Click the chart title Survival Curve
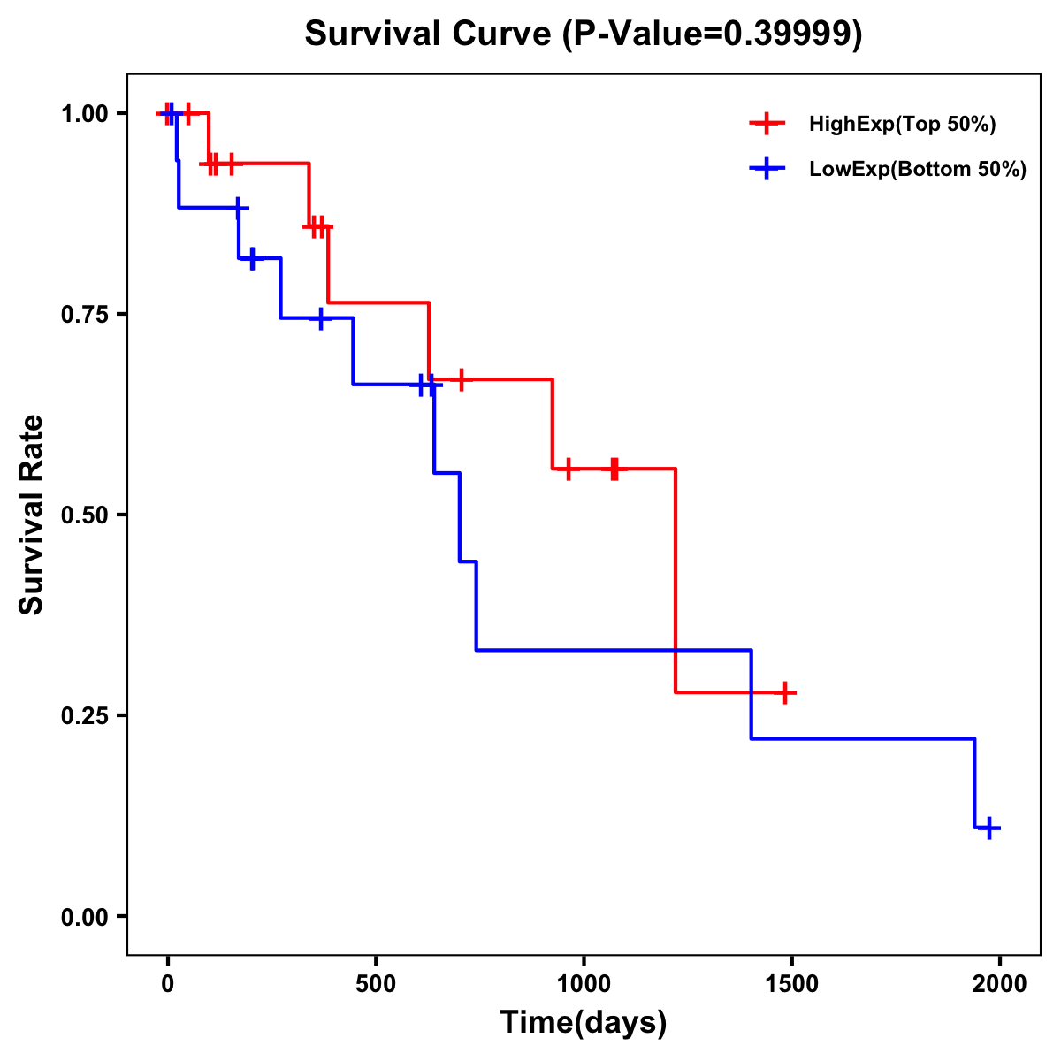(x=583, y=34)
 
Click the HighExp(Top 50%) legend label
(x=902, y=125)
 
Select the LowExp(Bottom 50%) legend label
(x=918, y=170)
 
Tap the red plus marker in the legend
(x=767, y=124)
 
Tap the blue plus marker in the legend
(x=767, y=169)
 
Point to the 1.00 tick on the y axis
(x=88, y=113)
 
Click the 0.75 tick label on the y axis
(x=88, y=314)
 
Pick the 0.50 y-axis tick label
(x=88, y=515)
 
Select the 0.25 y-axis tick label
(x=88, y=715)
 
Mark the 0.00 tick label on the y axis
(x=88, y=916)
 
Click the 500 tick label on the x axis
(x=376, y=984)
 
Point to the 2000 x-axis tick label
(x=1000, y=984)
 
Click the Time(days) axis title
(x=584, y=1023)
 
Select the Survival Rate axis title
(x=32, y=515)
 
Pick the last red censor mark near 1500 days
(x=784, y=692)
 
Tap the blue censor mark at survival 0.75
(x=321, y=318)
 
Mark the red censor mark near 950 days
(x=568, y=469)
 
